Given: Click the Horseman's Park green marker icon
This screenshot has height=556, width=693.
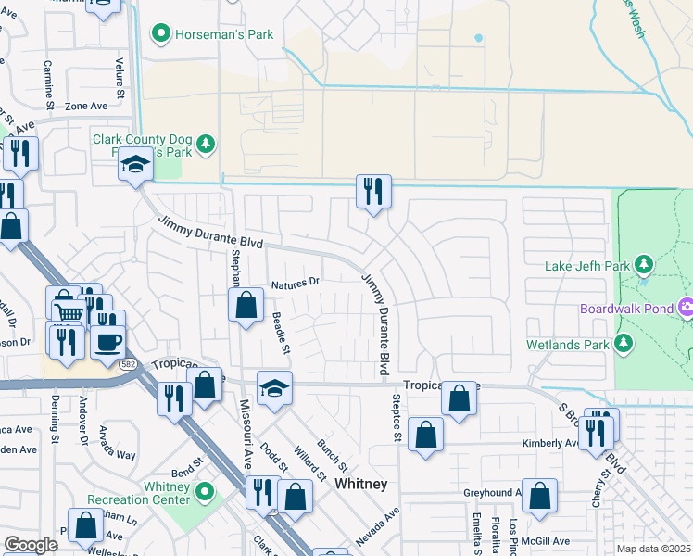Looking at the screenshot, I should click(160, 35).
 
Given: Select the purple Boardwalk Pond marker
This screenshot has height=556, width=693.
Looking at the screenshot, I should click(687, 308).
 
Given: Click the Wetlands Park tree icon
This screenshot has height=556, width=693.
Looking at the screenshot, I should click(624, 345).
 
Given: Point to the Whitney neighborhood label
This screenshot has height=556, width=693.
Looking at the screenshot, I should click(360, 485).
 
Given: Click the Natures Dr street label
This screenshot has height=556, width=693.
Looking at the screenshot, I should click(295, 282).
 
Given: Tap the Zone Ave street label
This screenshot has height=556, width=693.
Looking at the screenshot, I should click(86, 107).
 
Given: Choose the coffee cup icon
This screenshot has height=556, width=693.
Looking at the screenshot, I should click(108, 341).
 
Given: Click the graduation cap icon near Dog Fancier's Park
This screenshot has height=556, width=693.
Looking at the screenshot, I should click(135, 166).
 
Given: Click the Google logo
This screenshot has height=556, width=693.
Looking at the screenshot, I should click(31, 545).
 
